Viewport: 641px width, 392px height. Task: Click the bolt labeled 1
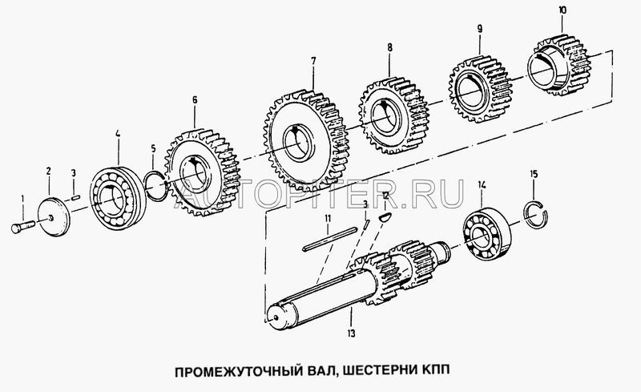click(23, 227)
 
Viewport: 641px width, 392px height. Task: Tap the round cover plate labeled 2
click(54, 217)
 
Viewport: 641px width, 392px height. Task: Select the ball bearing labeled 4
click(117, 198)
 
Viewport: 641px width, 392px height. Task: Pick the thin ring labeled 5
click(155, 186)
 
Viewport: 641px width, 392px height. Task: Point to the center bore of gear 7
click(299, 143)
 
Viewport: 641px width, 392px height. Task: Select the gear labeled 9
click(479, 89)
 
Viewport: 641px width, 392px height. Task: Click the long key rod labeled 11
click(329, 239)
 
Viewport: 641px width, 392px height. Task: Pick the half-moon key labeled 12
click(385, 217)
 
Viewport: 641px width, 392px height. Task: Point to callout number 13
click(351, 333)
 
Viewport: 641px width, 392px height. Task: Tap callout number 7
click(313, 62)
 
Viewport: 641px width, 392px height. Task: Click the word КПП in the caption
click(436, 370)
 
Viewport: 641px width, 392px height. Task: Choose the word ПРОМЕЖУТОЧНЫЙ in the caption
click(238, 370)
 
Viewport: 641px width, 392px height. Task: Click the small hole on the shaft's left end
click(276, 317)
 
